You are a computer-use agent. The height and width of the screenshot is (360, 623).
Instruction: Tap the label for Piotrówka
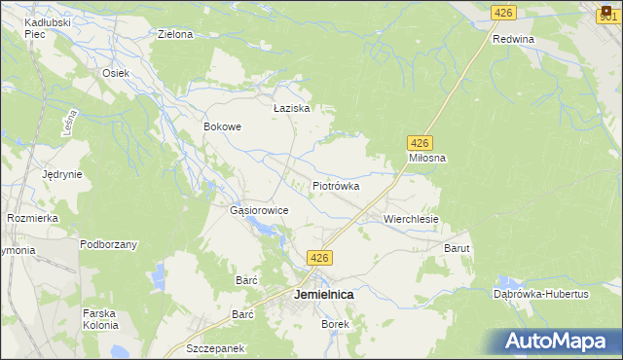pos(336,185)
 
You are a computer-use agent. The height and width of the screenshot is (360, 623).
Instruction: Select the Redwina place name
pos(514,39)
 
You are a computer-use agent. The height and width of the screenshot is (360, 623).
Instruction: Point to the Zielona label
pos(175,34)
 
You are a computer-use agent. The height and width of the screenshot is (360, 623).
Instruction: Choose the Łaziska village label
pos(291,108)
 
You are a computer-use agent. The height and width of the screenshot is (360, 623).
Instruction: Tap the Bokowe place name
pos(222,126)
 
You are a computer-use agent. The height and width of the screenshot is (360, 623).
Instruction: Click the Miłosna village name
pos(426,158)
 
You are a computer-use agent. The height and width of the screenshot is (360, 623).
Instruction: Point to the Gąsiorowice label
pos(258,210)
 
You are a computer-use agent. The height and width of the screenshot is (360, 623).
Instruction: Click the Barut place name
pos(458,249)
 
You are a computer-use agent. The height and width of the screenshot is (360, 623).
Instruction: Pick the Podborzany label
pos(108,244)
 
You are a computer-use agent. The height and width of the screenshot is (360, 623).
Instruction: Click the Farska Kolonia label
pos(100,318)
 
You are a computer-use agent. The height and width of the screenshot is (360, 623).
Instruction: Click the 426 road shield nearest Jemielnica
pos(321,258)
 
